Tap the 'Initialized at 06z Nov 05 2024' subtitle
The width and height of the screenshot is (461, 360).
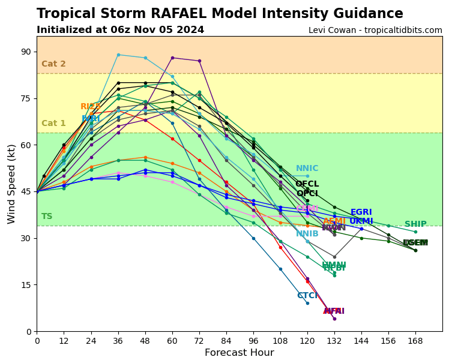(120, 30)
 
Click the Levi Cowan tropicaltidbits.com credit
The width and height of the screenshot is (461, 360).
(375, 31)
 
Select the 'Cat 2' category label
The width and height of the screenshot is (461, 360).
(53, 64)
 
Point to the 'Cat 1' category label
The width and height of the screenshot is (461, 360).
(53, 124)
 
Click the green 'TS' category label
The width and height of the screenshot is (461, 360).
(47, 217)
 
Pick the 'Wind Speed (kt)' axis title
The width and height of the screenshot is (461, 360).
(12, 184)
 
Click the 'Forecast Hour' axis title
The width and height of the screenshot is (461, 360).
(239, 353)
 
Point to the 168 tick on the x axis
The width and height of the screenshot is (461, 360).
(415, 340)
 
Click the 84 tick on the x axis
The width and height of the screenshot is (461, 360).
(226, 340)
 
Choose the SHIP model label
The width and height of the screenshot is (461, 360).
(415, 224)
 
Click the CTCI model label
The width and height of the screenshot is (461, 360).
(307, 296)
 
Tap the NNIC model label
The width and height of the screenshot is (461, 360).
(307, 169)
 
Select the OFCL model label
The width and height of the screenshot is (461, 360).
(307, 184)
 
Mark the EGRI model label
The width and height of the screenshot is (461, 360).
(361, 212)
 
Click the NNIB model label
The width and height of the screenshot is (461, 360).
(307, 234)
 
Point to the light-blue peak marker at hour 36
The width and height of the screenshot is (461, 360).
(118, 55)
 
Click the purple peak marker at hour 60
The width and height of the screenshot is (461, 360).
(172, 58)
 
